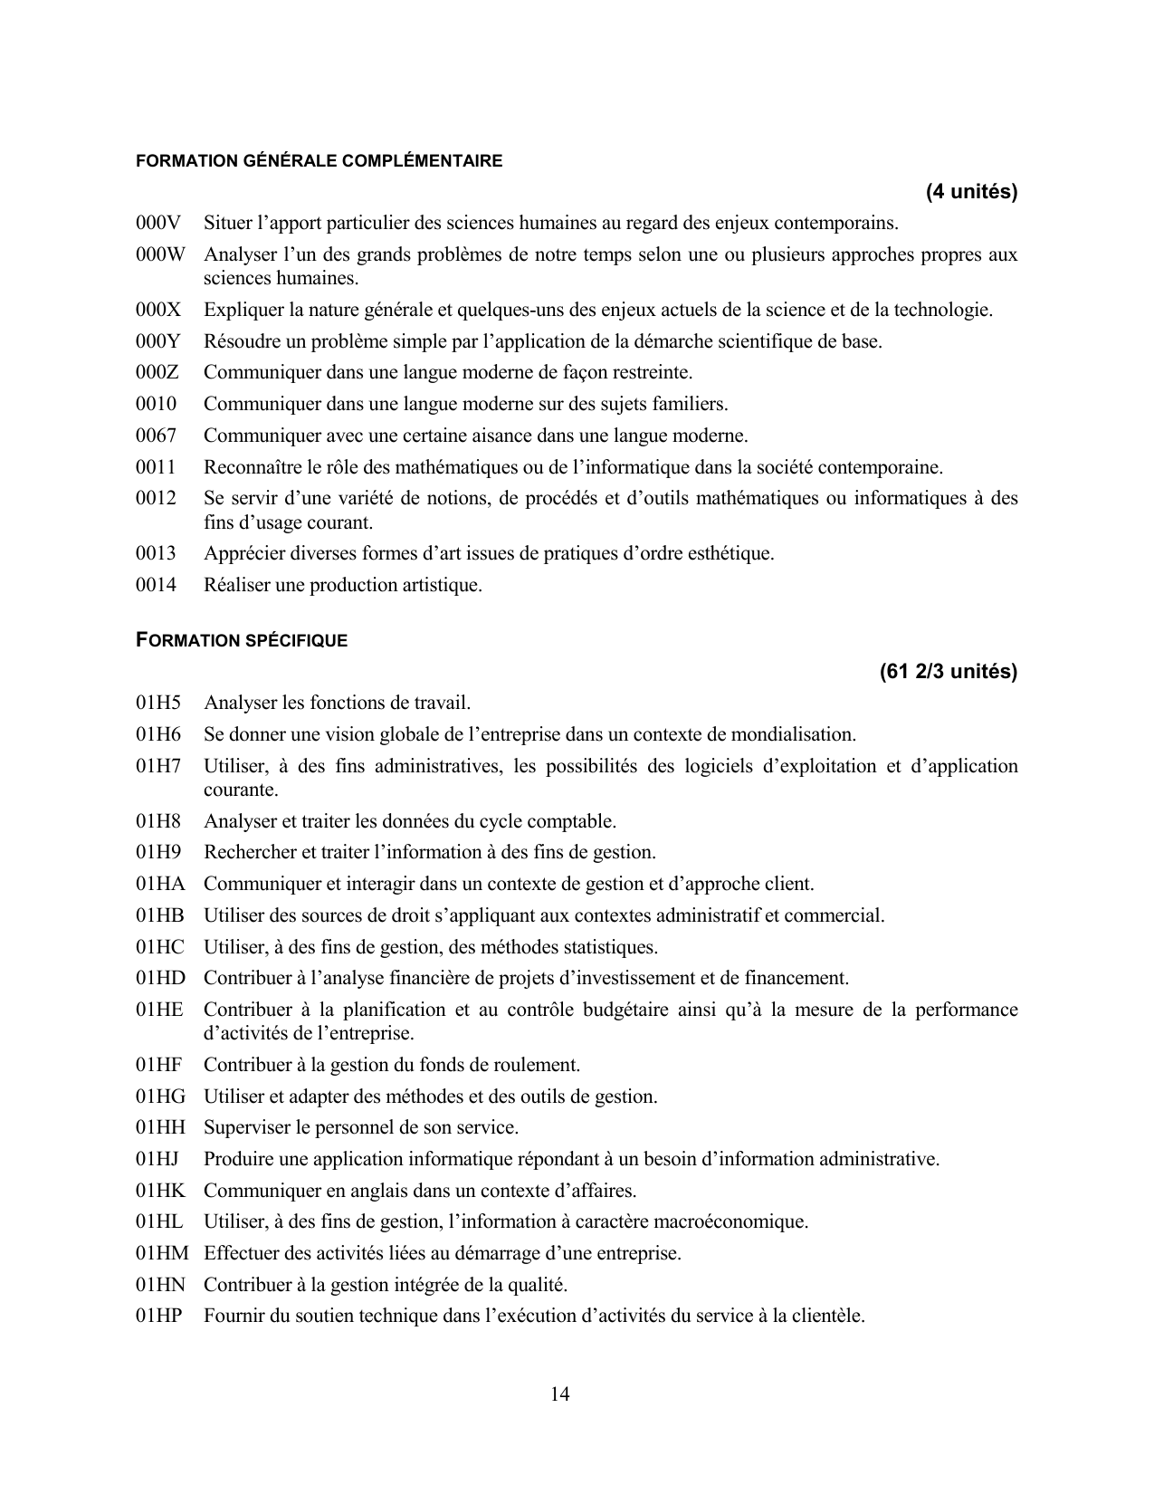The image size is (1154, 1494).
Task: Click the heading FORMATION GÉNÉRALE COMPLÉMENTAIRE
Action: coord(319,161)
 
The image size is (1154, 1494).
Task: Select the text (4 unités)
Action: coord(971,192)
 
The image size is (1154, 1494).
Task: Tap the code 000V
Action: coord(158,223)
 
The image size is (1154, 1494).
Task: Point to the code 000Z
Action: coord(157,372)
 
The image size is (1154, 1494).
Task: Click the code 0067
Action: coord(157,436)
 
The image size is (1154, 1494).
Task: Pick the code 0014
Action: coord(157,585)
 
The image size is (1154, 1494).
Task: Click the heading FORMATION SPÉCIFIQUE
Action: coord(242,640)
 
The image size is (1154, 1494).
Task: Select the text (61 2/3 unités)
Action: coord(948,672)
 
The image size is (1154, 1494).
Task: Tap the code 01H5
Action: coord(158,703)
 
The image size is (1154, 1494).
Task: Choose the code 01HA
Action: coord(160,884)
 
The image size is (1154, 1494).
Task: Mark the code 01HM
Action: coord(163,1253)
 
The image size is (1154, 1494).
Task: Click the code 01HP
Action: coord(160,1316)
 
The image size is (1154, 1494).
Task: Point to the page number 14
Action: coord(559,1394)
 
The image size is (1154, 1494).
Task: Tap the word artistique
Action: coord(442,585)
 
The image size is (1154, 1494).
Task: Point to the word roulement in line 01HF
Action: coord(539,1065)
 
